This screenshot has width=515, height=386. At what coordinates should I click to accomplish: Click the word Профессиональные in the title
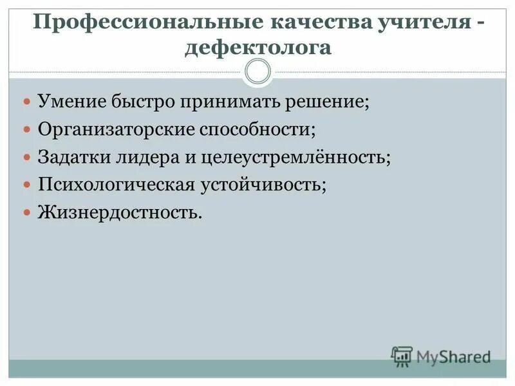143,23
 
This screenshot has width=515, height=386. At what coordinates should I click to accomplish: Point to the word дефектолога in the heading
257,48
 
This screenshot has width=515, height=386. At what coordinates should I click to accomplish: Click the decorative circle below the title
258,71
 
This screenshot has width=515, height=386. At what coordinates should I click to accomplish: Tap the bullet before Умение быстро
26,102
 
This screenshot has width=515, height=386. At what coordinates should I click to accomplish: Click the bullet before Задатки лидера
26,157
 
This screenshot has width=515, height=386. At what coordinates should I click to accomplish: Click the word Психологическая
116,185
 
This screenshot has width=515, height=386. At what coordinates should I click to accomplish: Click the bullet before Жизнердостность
26,212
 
